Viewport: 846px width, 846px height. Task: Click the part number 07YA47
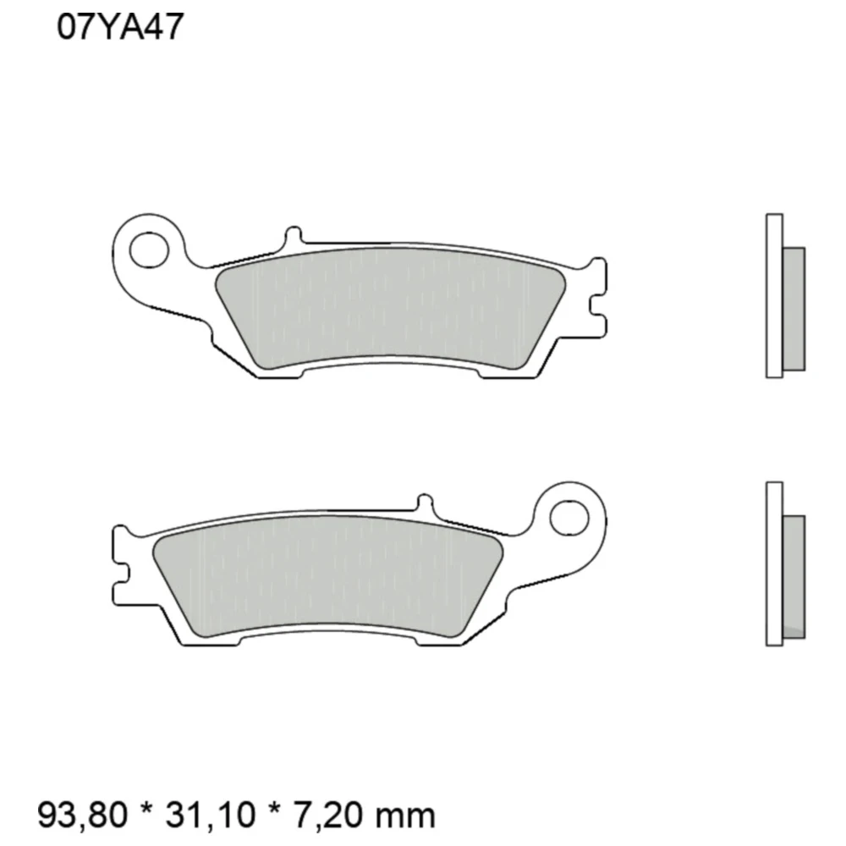click(x=118, y=28)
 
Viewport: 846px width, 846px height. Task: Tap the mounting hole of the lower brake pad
click(x=568, y=516)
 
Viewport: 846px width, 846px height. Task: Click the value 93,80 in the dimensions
click(x=83, y=816)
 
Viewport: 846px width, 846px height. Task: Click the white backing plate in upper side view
click(x=773, y=295)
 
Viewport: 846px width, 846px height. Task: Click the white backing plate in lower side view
click(x=773, y=563)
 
